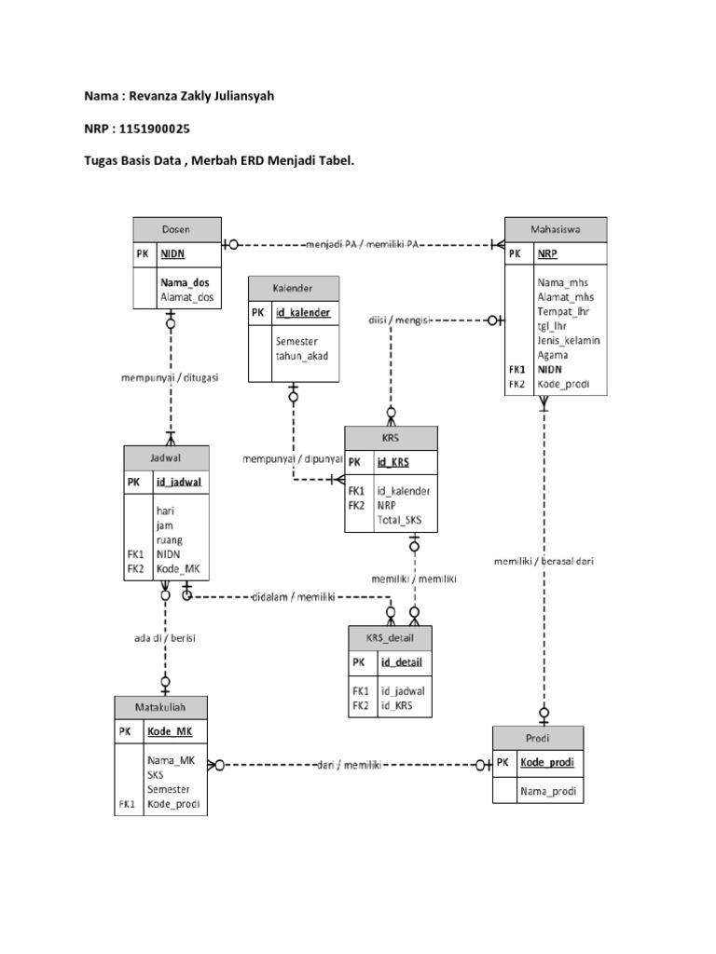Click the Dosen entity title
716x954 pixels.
pos(176,229)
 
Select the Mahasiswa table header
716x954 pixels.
pos(556,229)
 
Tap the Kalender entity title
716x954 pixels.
pos(293,288)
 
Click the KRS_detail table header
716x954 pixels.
pos(391,637)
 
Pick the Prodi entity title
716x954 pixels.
pos(539,737)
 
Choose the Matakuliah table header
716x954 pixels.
pos(160,707)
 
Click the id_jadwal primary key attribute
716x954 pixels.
pos(178,482)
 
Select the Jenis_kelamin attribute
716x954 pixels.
pos(568,340)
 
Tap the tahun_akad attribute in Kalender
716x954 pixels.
pos(301,356)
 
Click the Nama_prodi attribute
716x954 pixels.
pos(548,792)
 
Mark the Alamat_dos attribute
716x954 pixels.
pos(186,297)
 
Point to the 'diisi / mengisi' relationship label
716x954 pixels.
pos(398,320)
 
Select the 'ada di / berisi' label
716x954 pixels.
pos(164,638)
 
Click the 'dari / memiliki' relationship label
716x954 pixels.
pos(351,765)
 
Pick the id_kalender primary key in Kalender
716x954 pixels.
pos(302,313)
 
